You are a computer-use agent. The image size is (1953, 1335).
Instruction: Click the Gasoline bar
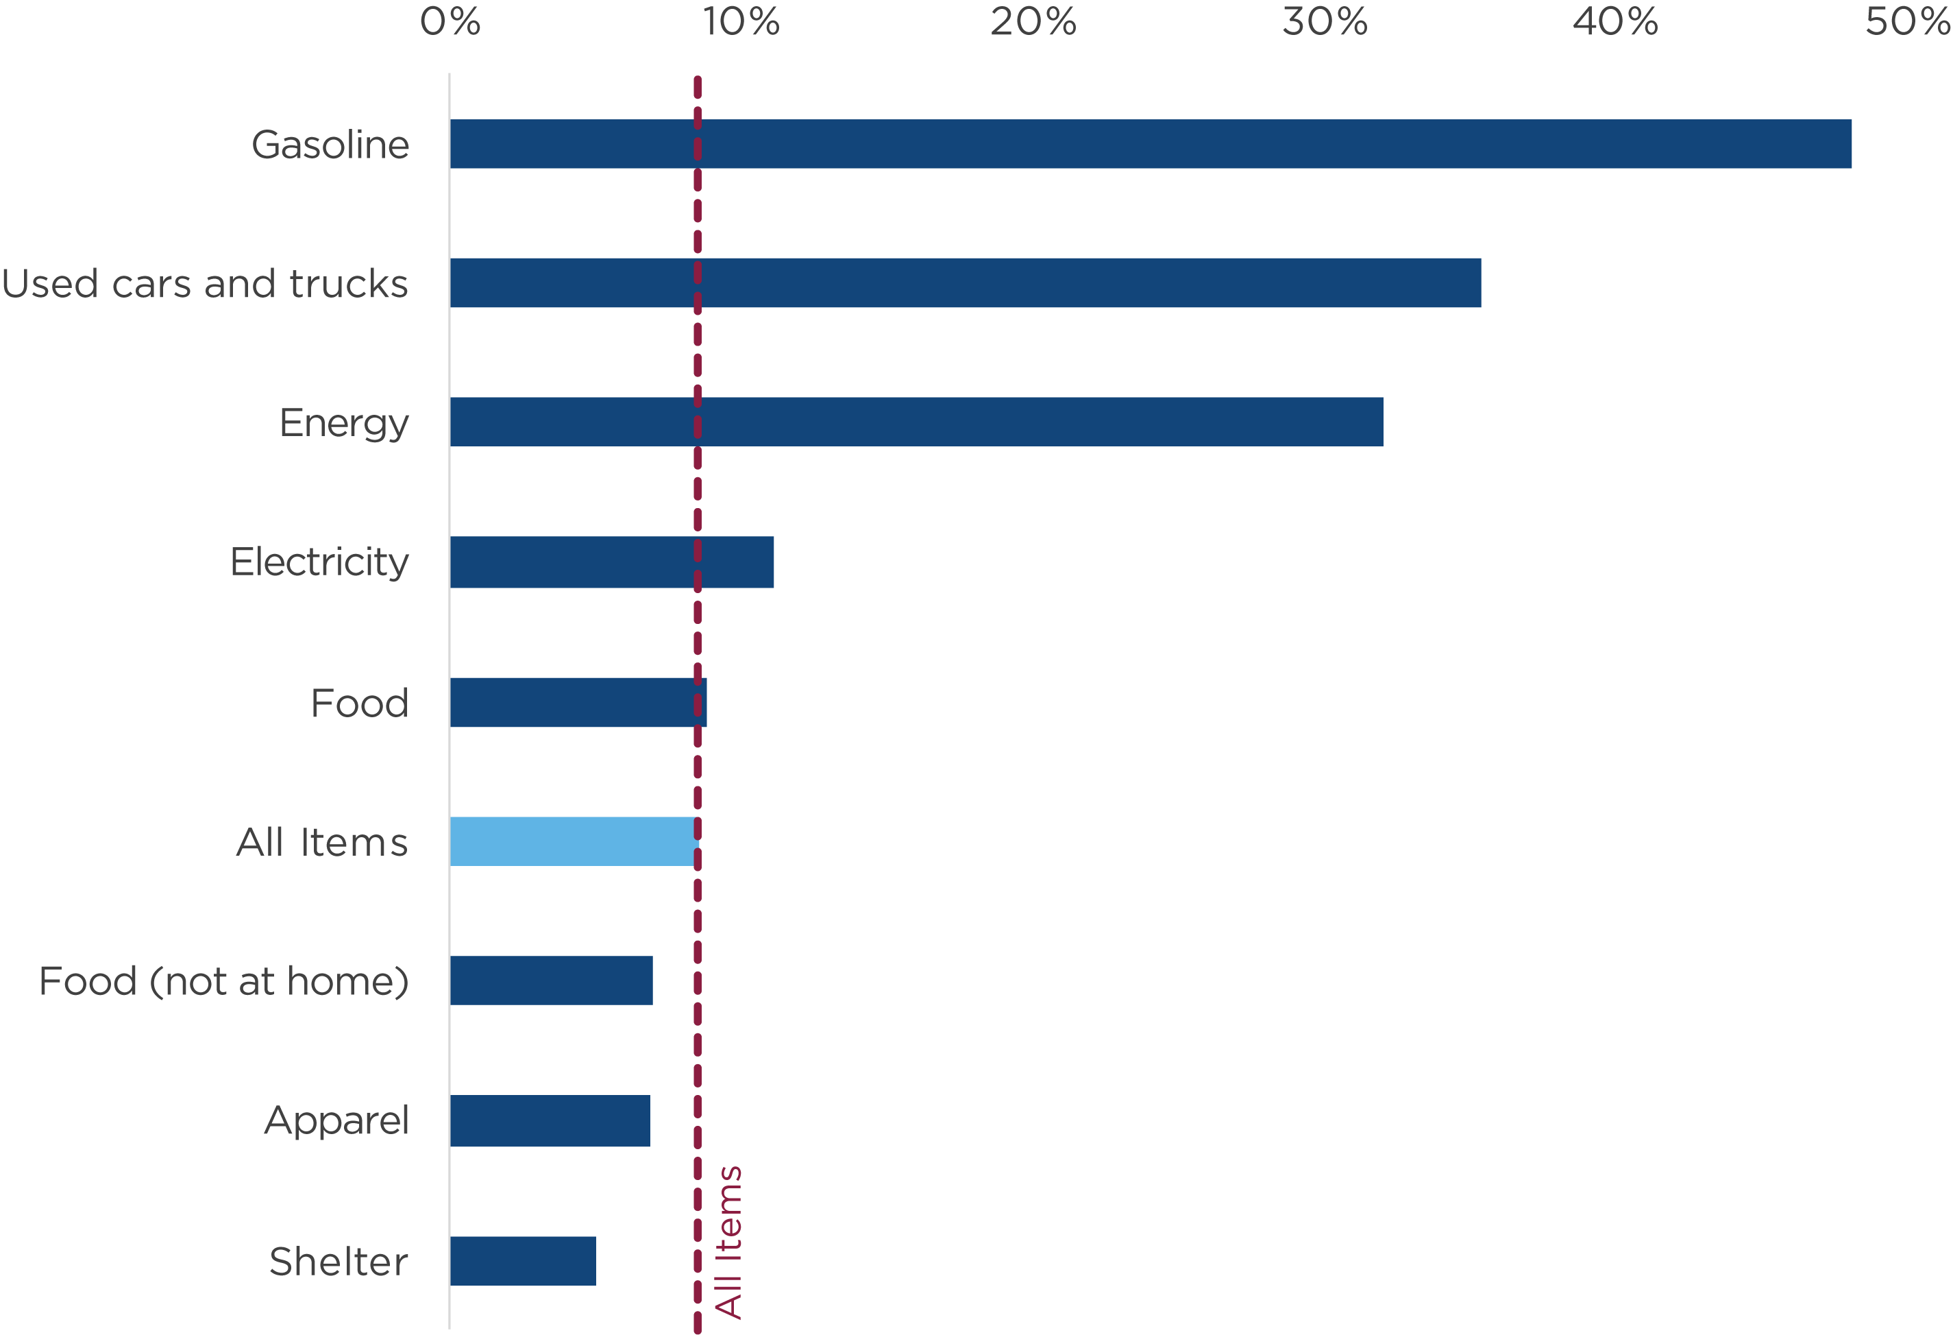pyautogui.click(x=1151, y=144)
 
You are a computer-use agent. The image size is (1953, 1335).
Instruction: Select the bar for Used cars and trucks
pyautogui.click(x=965, y=282)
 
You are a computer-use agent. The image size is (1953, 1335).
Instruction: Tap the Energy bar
pyautogui.click(x=916, y=421)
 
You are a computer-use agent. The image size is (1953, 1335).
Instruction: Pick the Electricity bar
pyautogui.click(x=612, y=562)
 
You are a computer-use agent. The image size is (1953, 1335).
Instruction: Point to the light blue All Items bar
pyautogui.click(x=573, y=841)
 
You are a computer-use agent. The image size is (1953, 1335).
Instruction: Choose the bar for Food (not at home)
pyautogui.click(x=551, y=981)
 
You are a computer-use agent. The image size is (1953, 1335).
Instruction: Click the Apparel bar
pyautogui.click(x=550, y=1120)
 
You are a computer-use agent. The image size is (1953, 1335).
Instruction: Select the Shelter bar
pyautogui.click(x=523, y=1260)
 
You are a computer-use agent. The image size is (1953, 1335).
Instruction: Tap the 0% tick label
pyautogui.click(x=450, y=23)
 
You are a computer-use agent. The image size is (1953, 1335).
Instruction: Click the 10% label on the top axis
pyautogui.click(x=741, y=23)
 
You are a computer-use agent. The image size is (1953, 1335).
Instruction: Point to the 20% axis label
pyautogui.click(x=1033, y=23)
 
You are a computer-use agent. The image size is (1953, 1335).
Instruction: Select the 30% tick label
pyautogui.click(x=1325, y=23)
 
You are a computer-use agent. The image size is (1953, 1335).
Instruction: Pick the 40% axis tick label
pyautogui.click(x=1615, y=23)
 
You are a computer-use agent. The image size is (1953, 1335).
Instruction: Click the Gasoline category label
pyautogui.click(x=330, y=145)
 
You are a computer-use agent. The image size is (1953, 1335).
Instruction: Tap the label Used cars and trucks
pyautogui.click(x=205, y=284)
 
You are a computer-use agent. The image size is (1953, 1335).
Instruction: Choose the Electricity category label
pyautogui.click(x=319, y=562)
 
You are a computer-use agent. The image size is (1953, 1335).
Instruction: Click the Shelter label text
pyautogui.click(x=338, y=1261)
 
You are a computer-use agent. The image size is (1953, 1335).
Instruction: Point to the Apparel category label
pyautogui.click(x=336, y=1120)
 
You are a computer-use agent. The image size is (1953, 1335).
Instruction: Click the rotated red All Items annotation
pyautogui.click(x=728, y=1242)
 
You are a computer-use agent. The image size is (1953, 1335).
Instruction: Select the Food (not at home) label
pyautogui.click(x=223, y=981)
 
